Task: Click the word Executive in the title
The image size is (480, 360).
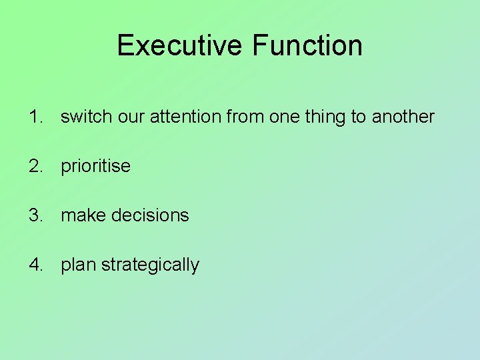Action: click(x=180, y=45)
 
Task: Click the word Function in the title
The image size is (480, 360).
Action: click(x=307, y=45)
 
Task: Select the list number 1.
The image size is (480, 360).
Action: click(x=35, y=117)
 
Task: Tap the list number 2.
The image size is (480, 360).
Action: click(x=35, y=166)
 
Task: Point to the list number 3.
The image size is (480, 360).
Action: click(x=35, y=215)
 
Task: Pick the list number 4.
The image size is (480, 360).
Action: click(x=35, y=265)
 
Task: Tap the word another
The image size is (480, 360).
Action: click(x=403, y=117)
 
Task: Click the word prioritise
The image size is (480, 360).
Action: click(x=95, y=166)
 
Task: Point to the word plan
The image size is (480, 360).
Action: click(x=78, y=265)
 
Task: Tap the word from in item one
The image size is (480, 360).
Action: click(x=245, y=117)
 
